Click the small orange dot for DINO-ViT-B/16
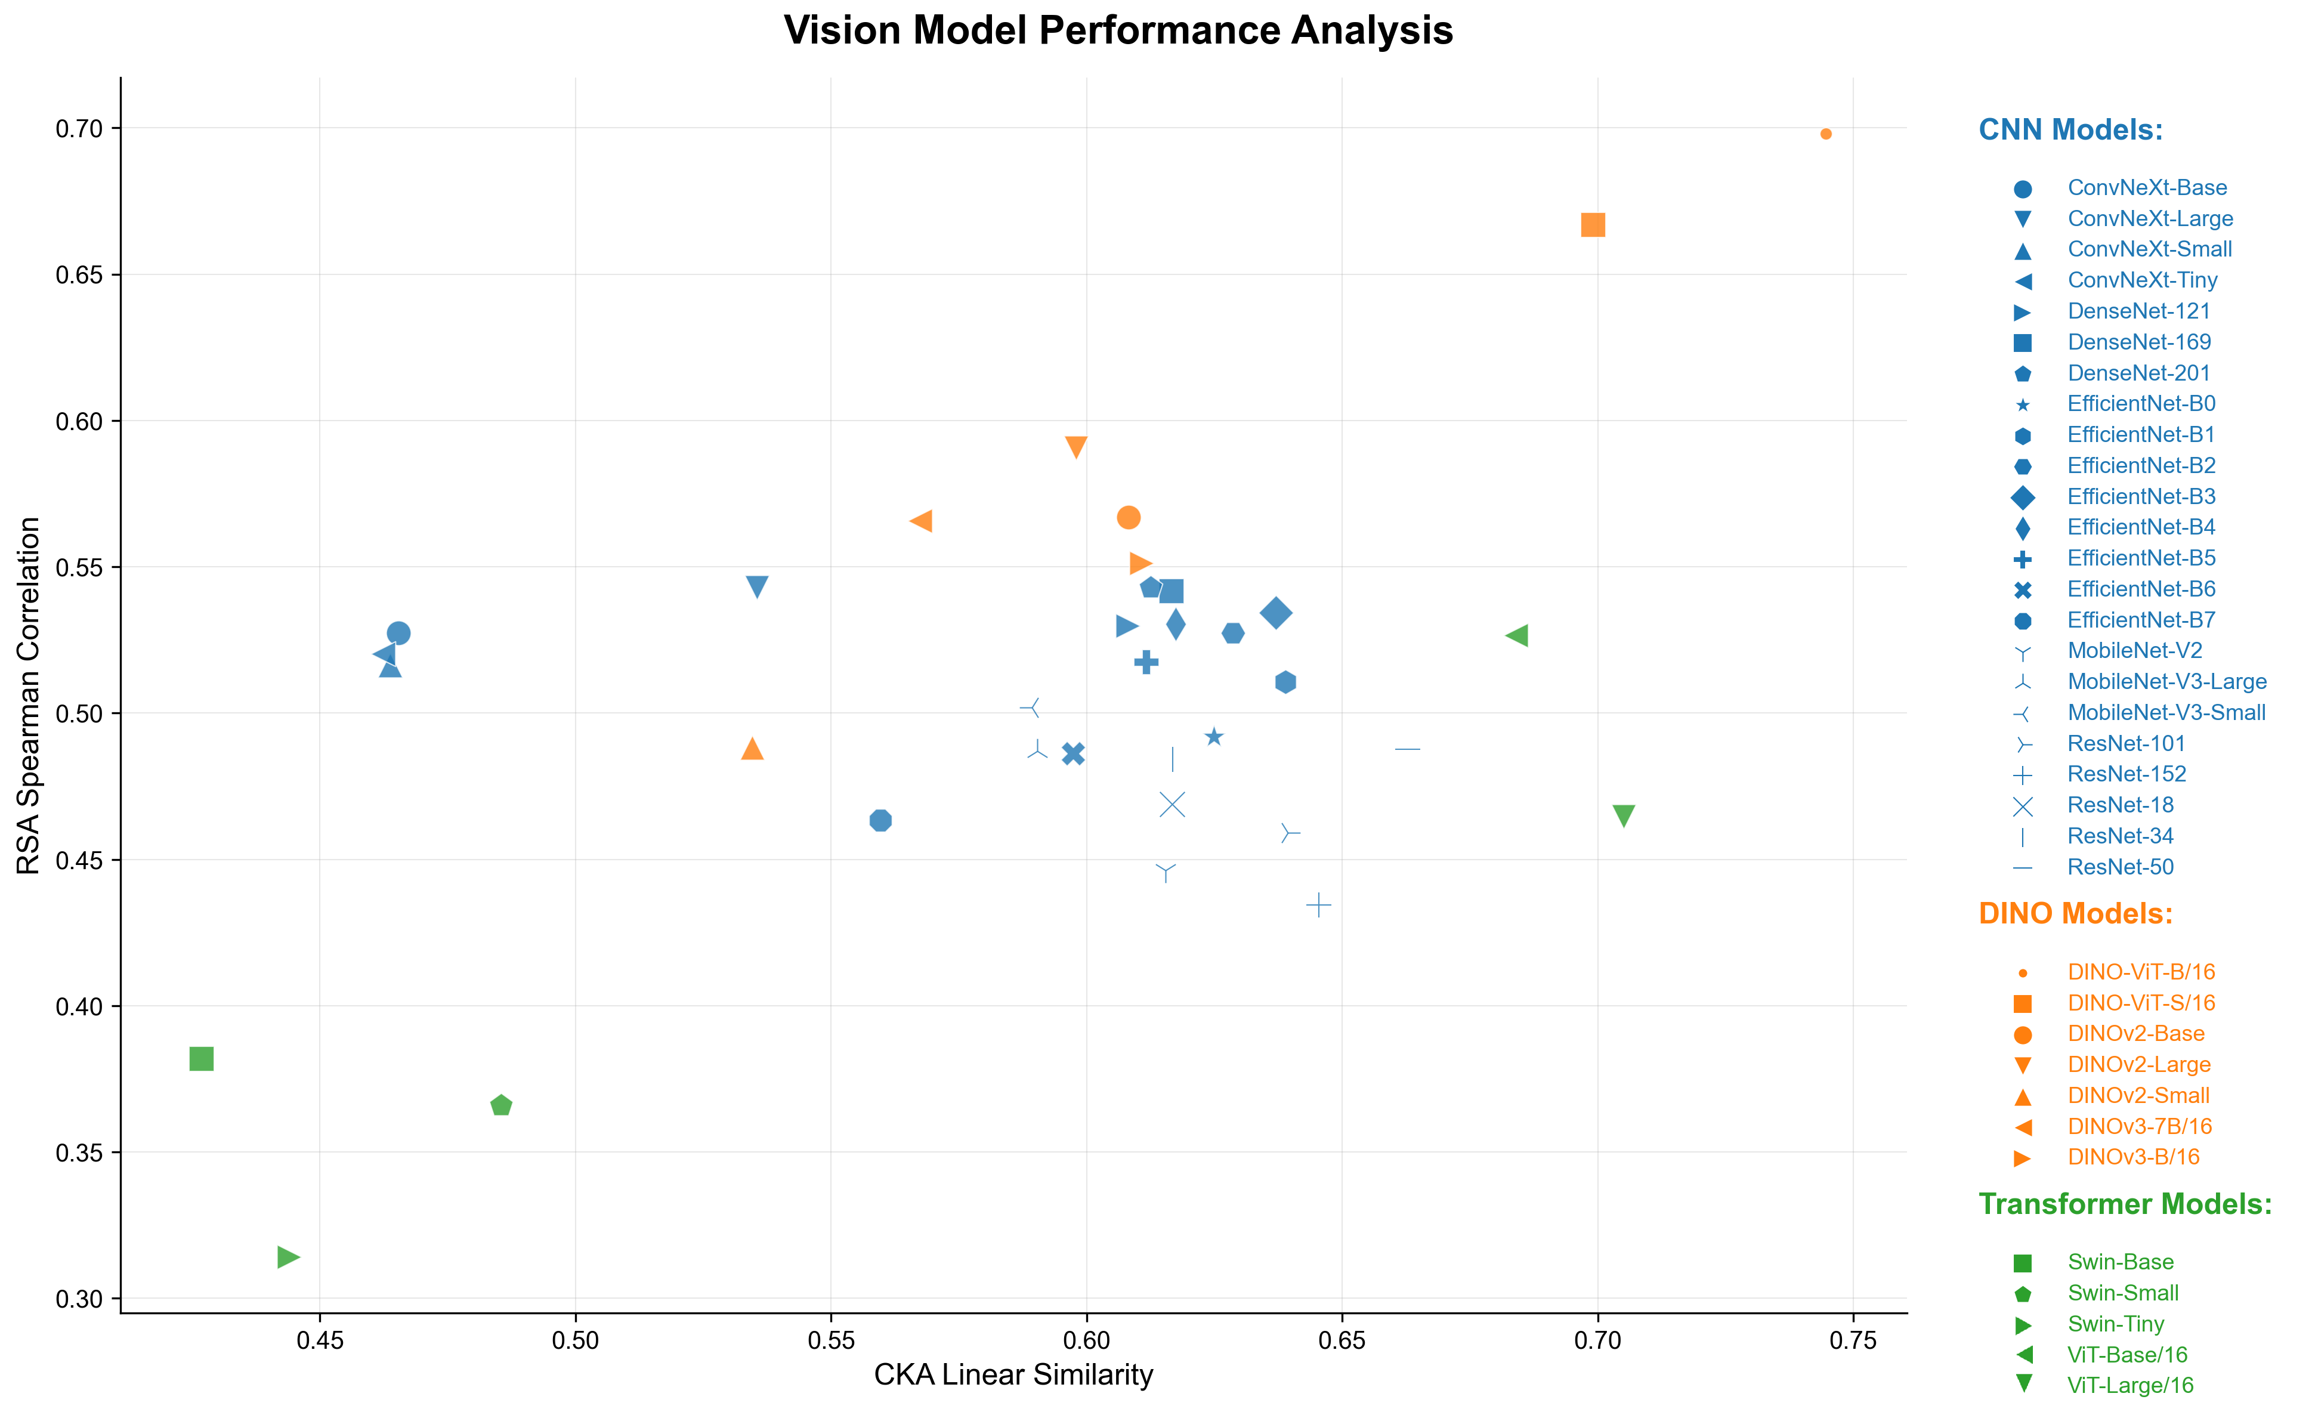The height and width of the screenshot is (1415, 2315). (x=1825, y=134)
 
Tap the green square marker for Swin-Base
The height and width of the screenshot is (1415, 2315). (x=201, y=1059)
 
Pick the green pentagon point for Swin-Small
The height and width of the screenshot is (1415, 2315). (x=501, y=1106)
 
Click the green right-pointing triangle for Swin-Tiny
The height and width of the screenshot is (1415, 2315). (x=288, y=1257)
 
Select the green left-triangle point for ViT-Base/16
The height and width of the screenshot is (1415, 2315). (x=1516, y=636)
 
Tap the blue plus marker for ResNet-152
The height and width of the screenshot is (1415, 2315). (x=1319, y=905)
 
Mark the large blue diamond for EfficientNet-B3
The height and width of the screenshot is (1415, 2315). (x=1276, y=613)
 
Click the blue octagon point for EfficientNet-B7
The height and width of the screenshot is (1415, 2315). (x=880, y=820)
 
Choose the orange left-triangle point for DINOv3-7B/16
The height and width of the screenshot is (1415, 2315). (x=921, y=521)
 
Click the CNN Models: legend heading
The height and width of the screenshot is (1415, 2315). (x=2070, y=129)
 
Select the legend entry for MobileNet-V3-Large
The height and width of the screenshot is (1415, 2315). (x=2166, y=681)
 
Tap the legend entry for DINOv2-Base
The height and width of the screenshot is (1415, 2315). (x=2135, y=1034)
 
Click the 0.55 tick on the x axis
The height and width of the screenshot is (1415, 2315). (x=830, y=1340)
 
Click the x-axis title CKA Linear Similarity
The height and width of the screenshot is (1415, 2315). (x=1013, y=1374)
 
